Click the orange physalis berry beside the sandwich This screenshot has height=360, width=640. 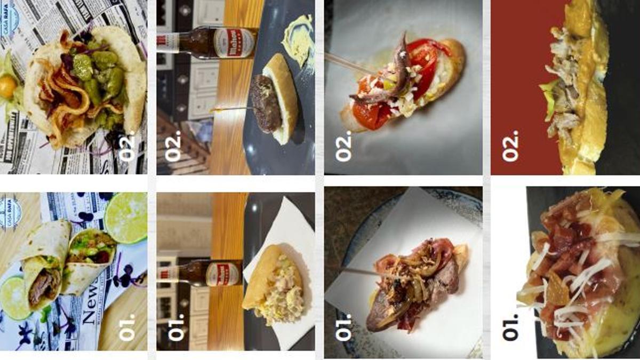point(7,84)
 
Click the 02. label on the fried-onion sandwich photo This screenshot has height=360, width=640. point(130,148)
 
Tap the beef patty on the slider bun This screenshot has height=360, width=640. point(267,104)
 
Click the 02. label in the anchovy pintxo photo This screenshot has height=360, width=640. point(343,147)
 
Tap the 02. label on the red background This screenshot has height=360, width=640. point(510,147)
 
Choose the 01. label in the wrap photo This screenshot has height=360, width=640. point(128,327)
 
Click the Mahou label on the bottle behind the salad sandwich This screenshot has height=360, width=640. point(224,273)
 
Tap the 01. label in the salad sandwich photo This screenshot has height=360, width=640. point(176,327)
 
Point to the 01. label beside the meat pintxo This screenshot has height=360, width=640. point(343,327)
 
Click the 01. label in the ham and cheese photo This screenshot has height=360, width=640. point(510,327)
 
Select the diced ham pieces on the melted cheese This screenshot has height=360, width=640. point(565,235)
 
